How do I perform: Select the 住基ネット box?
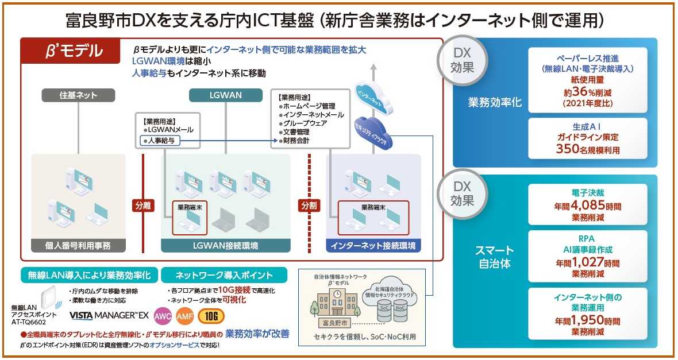coord(78,95)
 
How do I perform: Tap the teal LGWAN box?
coord(226,95)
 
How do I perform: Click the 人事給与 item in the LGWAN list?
coord(161,140)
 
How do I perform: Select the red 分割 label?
coord(309,205)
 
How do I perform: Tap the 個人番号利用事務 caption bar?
coord(79,246)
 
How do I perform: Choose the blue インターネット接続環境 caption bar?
coord(373,246)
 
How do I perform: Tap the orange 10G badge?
coord(211,316)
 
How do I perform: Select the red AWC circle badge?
coord(163,316)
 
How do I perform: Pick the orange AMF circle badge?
coord(184,316)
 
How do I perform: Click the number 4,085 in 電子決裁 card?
coord(580,205)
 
